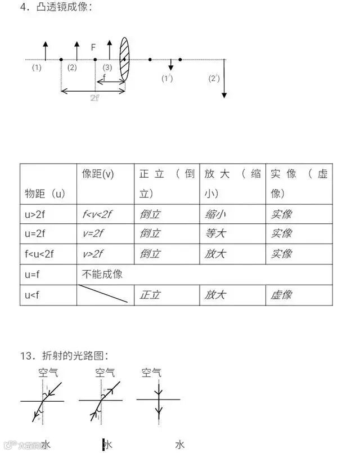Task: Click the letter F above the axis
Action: (x=93, y=48)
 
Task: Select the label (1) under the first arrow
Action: (x=37, y=68)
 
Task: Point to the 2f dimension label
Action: (x=94, y=97)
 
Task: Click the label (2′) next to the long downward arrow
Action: (x=214, y=78)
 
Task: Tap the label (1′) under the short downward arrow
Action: (x=166, y=78)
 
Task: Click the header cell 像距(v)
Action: (x=98, y=174)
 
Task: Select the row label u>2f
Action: (x=35, y=214)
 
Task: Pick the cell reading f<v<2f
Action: (x=98, y=214)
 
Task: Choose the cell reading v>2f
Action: (x=93, y=254)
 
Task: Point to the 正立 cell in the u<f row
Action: (x=150, y=295)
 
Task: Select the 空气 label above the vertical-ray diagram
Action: (x=151, y=373)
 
